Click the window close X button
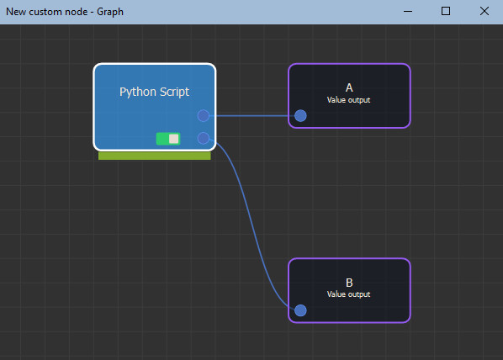[x=484, y=11]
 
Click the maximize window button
[x=446, y=11]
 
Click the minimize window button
[x=408, y=11]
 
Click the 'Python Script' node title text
[x=154, y=92]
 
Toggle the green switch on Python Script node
[x=168, y=139]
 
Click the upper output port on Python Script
[x=204, y=115]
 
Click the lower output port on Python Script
[x=204, y=138]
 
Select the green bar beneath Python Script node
[x=155, y=156]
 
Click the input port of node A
[x=300, y=116]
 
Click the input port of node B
[x=300, y=310]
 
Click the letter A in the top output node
[x=349, y=87]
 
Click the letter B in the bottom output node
[x=349, y=283]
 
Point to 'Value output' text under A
[x=349, y=100]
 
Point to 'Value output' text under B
[x=349, y=294]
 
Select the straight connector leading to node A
[x=251, y=116]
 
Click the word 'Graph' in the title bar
[x=110, y=12]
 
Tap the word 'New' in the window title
[x=16, y=12]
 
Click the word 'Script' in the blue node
[x=174, y=92]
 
